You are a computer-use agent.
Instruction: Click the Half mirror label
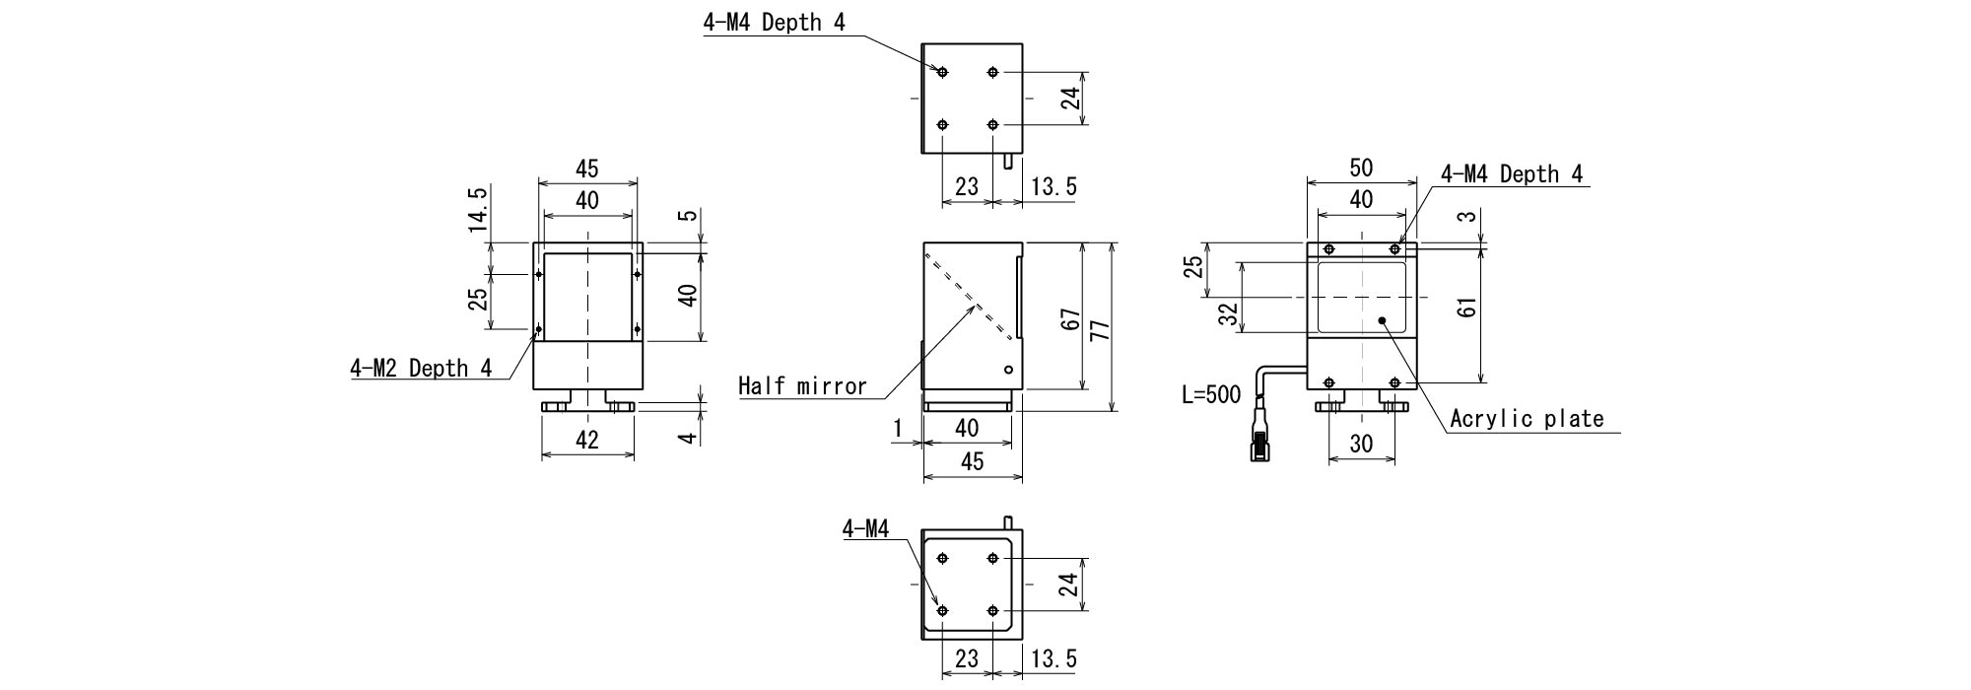pyautogui.click(x=802, y=386)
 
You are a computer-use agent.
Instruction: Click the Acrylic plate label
pyautogui.click(x=1527, y=419)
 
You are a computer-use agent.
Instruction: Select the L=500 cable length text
pyautogui.click(x=1211, y=395)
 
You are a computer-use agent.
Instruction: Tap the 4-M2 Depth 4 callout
pyautogui.click(x=421, y=369)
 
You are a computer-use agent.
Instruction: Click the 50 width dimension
pyautogui.click(x=1360, y=169)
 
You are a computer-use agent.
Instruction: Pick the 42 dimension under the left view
pyautogui.click(x=586, y=441)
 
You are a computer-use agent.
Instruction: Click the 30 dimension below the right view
pyautogui.click(x=1361, y=445)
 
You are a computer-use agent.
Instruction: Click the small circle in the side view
pyautogui.click(x=1008, y=370)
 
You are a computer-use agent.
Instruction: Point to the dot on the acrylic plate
pyautogui.click(x=1383, y=320)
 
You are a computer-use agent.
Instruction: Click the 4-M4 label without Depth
pyautogui.click(x=865, y=530)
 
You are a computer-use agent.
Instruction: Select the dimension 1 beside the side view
pyautogui.click(x=898, y=429)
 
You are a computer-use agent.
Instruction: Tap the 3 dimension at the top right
pyautogui.click(x=1469, y=216)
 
